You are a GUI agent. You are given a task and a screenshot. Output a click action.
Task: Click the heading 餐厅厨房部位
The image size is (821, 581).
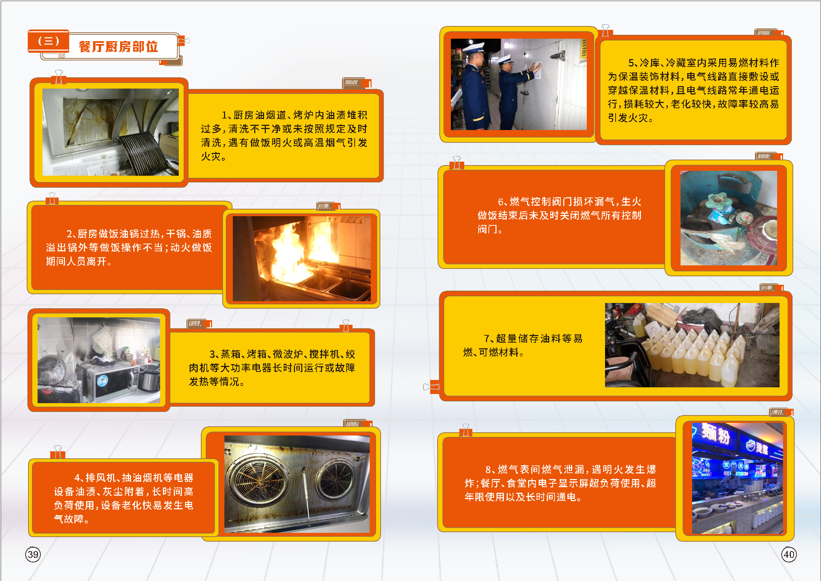[x=118, y=46]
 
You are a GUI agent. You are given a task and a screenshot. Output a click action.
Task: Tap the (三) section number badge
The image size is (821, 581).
[x=48, y=41]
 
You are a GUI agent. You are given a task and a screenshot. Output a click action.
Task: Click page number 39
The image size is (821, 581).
[x=33, y=554]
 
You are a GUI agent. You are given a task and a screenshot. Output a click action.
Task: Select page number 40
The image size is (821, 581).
[x=789, y=554]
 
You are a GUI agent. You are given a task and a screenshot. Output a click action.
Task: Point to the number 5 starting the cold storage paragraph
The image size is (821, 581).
[x=631, y=63]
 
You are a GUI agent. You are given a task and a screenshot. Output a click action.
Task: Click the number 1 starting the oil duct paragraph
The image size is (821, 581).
[x=224, y=115]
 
